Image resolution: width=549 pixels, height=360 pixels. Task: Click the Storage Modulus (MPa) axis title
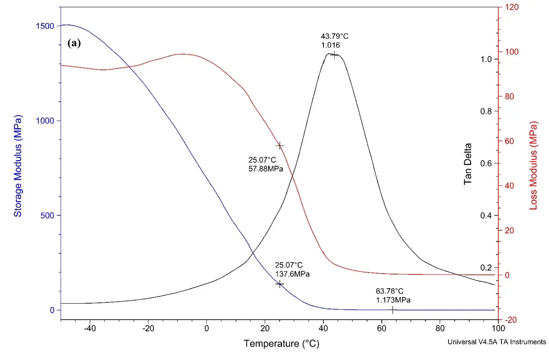[x=18, y=166]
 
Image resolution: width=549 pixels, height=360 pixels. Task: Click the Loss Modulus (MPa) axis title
[x=534, y=166]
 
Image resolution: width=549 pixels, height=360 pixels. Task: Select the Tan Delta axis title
[x=468, y=166]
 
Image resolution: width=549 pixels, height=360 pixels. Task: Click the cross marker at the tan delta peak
[x=334, y=55]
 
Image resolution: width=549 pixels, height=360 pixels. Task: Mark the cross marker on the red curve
[x=280, y=146]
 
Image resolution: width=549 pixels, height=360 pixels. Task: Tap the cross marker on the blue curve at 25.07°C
[x=280, y=284]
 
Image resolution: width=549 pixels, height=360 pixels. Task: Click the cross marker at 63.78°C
[x=392, y=310]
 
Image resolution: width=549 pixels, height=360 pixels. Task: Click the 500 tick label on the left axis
[x=48, y=215]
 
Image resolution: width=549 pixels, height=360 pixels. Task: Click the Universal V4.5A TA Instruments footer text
[x=497, y=342]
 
